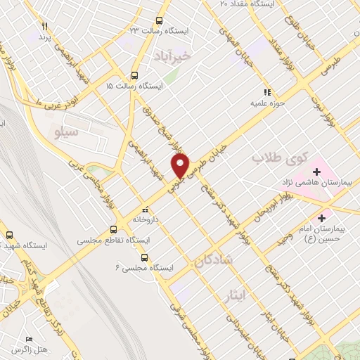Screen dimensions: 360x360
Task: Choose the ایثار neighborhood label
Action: coord(236,291)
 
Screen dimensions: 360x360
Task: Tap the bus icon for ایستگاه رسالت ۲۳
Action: coord(160,20)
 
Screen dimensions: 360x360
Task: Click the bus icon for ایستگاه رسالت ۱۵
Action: coord(134,75)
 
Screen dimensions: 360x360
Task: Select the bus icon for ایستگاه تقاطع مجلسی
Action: coord(114,229)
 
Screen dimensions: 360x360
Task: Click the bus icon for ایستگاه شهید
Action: coord(10,235)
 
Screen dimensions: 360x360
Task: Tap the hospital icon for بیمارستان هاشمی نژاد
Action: coord(316,171)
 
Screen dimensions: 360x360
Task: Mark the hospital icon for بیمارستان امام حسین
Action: coord(322,217)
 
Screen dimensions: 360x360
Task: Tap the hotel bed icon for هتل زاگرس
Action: coord(29,338)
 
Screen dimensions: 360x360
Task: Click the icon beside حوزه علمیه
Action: coord(266,91)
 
